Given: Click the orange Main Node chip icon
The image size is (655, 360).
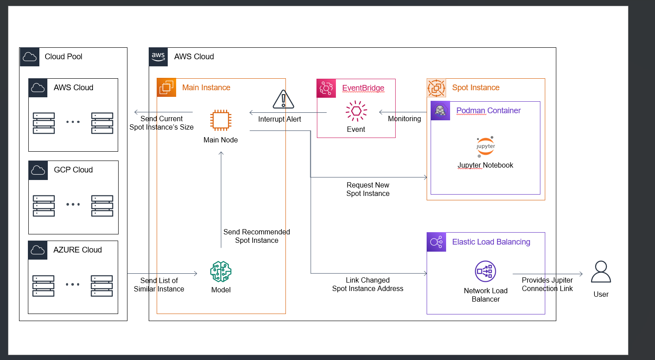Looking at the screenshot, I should coord(220,120).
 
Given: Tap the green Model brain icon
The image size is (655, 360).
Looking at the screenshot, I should coord(221,272).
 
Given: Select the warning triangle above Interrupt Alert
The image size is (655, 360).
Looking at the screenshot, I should coord(284,100).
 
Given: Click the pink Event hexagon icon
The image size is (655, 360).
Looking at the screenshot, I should coord(356,111).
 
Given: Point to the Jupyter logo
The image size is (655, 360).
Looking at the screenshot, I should coord(485,147).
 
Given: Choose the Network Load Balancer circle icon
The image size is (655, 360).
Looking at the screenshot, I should coord(485,272).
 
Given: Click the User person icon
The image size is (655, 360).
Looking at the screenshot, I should coord(601,272).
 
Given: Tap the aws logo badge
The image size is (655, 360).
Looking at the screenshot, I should coord(158,57).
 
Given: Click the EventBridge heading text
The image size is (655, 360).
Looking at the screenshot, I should coord(363,88).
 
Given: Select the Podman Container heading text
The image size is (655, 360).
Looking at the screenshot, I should coord(488,111).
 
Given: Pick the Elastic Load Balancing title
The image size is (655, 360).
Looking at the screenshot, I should coord(491,242).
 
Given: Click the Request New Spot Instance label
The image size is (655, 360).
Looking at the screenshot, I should coord(368,189).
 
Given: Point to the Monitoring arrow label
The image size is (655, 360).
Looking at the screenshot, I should coord(404,119).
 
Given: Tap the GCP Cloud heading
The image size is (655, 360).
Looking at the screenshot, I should coord(73,170).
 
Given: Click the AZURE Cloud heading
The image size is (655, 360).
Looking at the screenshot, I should coord(77,250).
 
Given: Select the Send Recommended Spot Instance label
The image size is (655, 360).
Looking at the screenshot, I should coord(257,236).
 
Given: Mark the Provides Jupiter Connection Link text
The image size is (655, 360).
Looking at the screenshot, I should coord(547,284).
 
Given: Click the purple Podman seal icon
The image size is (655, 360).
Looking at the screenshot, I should coord(440,111).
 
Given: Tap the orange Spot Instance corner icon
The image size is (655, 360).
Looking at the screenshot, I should coord(436,88).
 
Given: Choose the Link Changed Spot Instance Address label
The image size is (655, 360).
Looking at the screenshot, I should coord(368,284).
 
